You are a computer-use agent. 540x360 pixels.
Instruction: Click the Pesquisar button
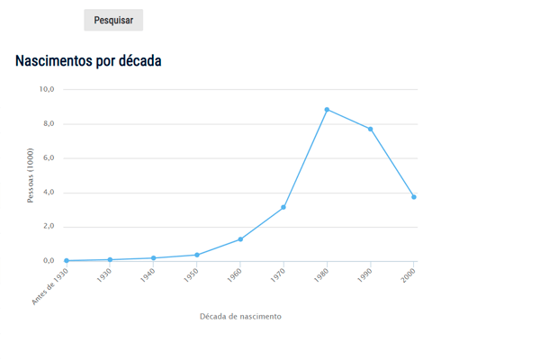[113, 20]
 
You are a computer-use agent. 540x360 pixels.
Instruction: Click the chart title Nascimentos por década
[88, 61]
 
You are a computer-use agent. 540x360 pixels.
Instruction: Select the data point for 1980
[327, 110]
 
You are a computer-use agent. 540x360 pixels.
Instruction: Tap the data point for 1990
[370, 129]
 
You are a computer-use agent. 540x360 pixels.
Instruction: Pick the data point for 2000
[413, 197]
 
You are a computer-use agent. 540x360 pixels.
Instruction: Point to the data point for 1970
[283, 208]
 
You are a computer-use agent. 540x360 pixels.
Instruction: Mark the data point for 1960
[240, 239]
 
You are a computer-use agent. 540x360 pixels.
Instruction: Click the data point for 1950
[197, 255]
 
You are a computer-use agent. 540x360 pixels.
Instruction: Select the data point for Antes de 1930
[67, 260]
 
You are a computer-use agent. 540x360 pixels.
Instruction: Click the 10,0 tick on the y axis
[47, 89]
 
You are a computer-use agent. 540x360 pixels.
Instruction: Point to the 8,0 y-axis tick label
[47, 123]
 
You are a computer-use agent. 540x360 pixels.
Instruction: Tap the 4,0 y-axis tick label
[47, 193]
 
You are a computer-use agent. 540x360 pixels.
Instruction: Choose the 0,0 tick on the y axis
[47, 261]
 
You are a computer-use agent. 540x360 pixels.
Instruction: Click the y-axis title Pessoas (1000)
[30, 175]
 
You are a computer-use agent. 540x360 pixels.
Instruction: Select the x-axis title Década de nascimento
[240, 317]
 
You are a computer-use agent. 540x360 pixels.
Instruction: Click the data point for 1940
[154, 258]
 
